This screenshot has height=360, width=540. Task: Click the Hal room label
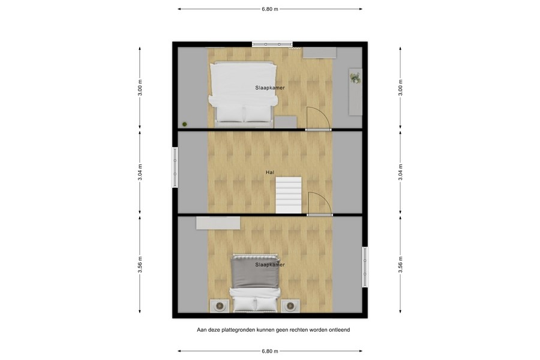pos(271,173)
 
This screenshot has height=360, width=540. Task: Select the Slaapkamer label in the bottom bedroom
pos(270,265)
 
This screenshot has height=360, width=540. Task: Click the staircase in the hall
pos(289,194)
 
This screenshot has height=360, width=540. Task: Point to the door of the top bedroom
pos(318,119)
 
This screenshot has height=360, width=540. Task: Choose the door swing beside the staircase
pos(319,203)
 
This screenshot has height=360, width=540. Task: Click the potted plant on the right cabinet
pos(356,78)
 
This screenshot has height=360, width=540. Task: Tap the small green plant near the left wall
pos(185,124)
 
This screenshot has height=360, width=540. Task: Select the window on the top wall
pos(272,43)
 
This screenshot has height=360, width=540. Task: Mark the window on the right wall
pos(365,267)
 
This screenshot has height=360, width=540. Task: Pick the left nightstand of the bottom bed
pos(220,306)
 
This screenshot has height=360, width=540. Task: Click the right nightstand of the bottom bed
pos(290,306)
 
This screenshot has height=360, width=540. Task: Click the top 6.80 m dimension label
pos(270,10)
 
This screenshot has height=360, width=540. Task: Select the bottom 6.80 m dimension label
pos(270,351)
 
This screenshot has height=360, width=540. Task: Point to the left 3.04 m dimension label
pos(140,173)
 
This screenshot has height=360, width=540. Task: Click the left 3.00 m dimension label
pos(140,88)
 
